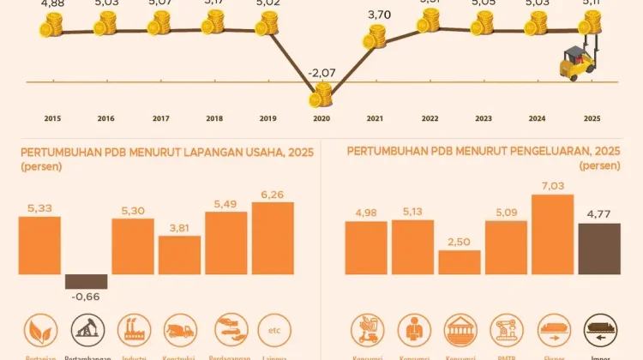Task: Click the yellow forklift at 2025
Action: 577,63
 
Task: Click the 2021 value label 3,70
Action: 378,15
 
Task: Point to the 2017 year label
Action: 159,118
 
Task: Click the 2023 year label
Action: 484,118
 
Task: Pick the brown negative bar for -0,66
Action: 87,281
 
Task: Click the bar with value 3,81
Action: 179,255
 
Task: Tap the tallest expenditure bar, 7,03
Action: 552,234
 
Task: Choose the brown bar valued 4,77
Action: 599,249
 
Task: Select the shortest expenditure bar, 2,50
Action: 460,261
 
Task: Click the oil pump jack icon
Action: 87,329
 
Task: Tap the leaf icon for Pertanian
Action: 39,329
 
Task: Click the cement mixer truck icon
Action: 179,329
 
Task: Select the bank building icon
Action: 460,329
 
